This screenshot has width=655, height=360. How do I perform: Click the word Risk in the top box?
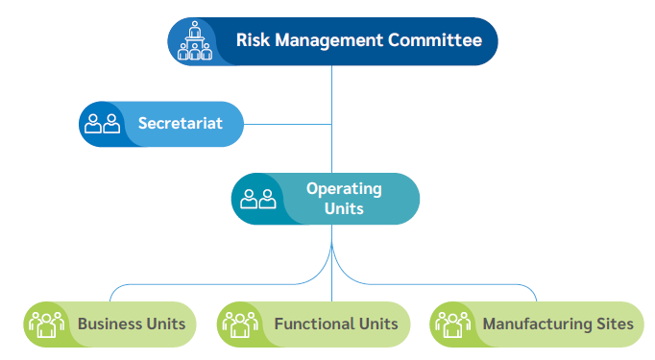pyautogui.click(x=254, y=40)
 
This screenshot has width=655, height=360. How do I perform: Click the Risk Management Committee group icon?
pyautogui.click(x=195, y=41)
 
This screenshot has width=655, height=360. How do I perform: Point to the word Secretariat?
pyautogui.click(x=180, y=123)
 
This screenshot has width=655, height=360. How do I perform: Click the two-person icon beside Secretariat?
pyautogui.click(x=103, y=124)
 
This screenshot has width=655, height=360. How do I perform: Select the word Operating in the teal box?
pyautogui.click(x=344, y=188)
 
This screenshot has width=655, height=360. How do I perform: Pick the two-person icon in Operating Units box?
pyautogui.click(x=258, y=199)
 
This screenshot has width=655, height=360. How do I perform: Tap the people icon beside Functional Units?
pyautogui.click(x=240, y=324)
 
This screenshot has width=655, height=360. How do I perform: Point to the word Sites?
pyautogui.click(x=614, y=324)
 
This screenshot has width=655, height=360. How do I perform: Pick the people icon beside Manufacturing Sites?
pyautogui.click(x=452, y=324)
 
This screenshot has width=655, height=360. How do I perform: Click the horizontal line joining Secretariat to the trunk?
pyautogui.click(x=288, y=124)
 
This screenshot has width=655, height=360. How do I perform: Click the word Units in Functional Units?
pyautogui.click(x=376, y=324)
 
